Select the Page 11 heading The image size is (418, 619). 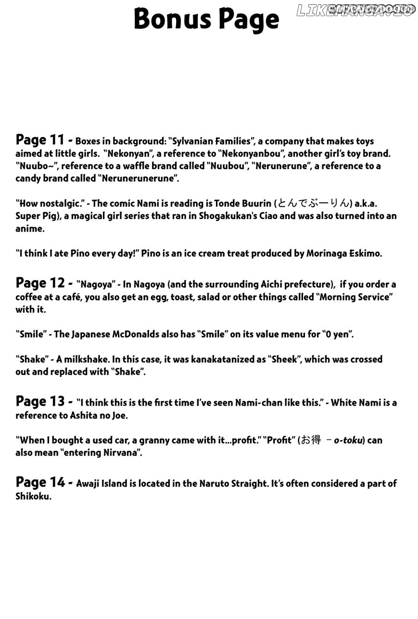[40, 140]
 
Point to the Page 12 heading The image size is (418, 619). [40, 283]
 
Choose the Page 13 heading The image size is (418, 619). [40, 401]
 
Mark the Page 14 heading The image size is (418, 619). [40, 482]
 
